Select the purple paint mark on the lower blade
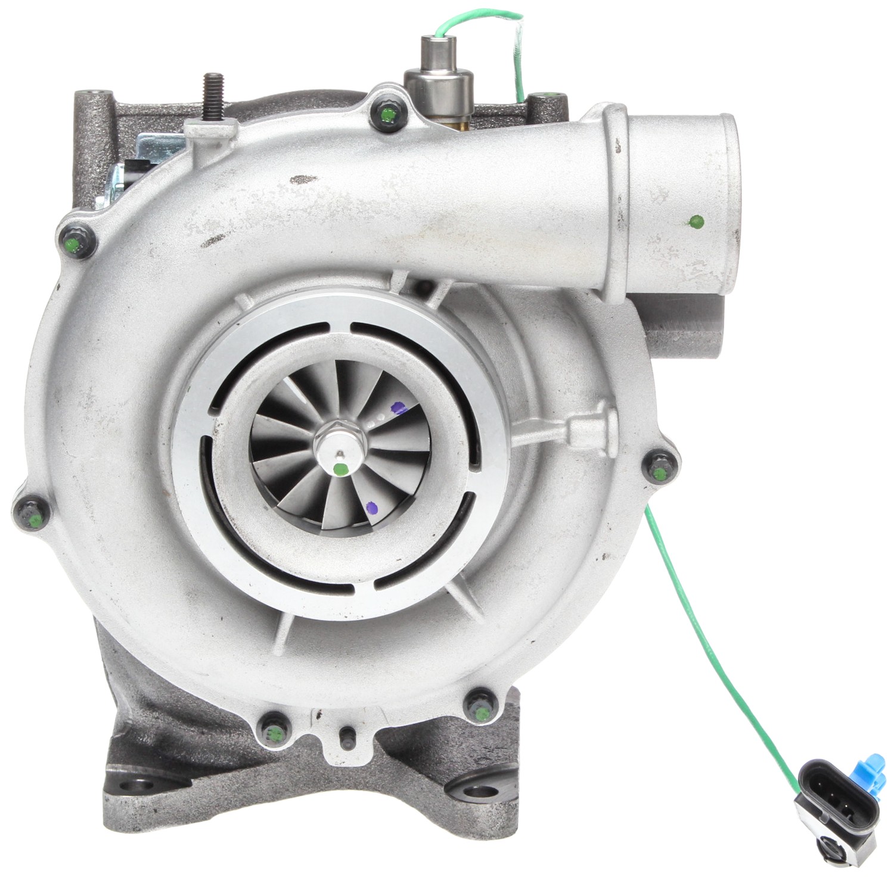coord(372,508)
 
